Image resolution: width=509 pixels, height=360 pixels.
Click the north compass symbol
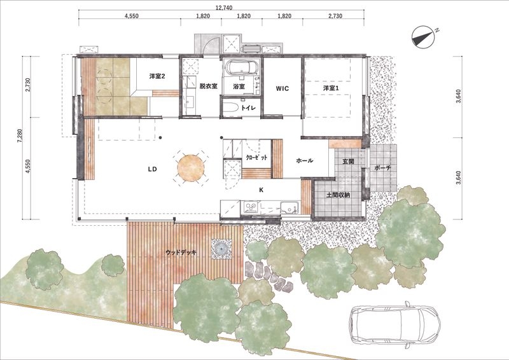click(x=423, y=38)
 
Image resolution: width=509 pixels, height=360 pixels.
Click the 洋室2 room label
click(x=157, y=76)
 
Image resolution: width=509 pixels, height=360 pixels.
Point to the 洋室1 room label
click(x=331, y=88)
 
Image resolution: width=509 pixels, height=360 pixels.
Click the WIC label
click(x=282, y=88)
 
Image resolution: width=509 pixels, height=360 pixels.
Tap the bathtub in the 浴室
click(x=242, y=68)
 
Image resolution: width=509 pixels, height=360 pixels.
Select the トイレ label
click(x=248, y=108)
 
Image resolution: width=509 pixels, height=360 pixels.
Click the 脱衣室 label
click(x=209, y=87)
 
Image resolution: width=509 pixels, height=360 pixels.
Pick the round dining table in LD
click(x=191, y=168)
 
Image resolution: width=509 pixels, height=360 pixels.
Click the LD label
click(x=152, y=169)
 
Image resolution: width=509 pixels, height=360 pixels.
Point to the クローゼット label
click(x=257, y=158)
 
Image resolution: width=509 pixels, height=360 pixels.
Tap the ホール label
click(x=305, y=160)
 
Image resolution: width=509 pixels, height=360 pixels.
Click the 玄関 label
click(x=348, y=161)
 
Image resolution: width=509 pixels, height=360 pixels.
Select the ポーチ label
click(x=382, y=168)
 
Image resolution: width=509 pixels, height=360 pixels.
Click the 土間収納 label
click(x=338, y=195)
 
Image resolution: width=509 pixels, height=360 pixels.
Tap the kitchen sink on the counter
click(x=289, y=208)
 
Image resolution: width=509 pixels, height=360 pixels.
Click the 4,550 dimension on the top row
click(x=132, y=16)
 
